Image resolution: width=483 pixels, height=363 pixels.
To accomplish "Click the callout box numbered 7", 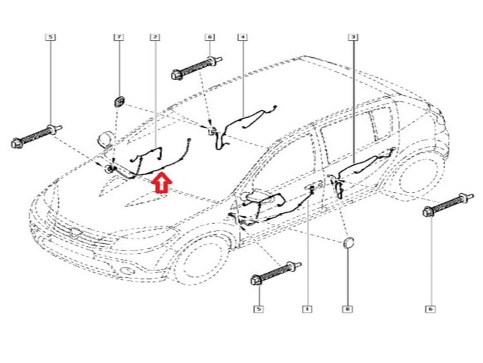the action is point(119,37).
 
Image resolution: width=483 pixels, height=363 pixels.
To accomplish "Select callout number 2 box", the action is point(155,37).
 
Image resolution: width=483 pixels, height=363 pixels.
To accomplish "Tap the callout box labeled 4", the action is point(242,37).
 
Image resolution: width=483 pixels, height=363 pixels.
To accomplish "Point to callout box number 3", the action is point(353,37).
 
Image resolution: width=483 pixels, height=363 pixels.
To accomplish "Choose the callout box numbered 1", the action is point(307,309).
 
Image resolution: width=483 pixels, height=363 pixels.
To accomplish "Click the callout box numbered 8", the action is point(347,309).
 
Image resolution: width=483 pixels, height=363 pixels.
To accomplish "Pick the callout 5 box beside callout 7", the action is point(50,37).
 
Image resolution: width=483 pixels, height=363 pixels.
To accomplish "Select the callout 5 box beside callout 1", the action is point(259,309).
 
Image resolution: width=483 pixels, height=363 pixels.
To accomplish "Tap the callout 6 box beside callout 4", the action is point(210,37).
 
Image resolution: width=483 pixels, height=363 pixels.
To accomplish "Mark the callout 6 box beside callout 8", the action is point(430,309).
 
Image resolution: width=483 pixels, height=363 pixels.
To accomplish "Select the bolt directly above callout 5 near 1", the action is point(276,273).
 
